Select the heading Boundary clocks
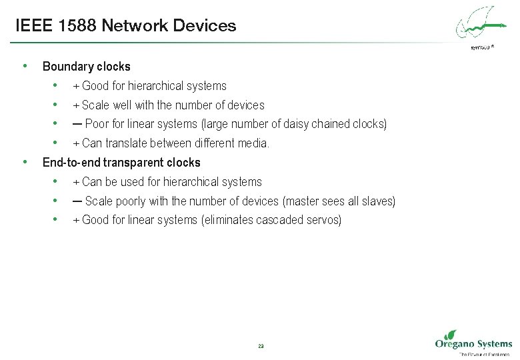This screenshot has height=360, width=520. coord(86,67)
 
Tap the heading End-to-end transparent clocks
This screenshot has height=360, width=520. coord(121,163)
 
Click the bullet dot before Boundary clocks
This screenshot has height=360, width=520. coord(25,66)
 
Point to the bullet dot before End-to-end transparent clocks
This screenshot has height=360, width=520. coord(25,162)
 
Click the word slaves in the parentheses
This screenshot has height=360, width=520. coord(378,201)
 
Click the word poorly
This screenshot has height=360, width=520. coord(131,201)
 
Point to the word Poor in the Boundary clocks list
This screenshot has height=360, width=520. coord(97,124)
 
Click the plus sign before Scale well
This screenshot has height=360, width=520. coord(76,105)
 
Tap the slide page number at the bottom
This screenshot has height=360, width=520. coord(260,346)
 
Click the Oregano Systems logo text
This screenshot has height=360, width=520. coord(473,344)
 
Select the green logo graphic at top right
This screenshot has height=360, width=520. coord(479,25)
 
